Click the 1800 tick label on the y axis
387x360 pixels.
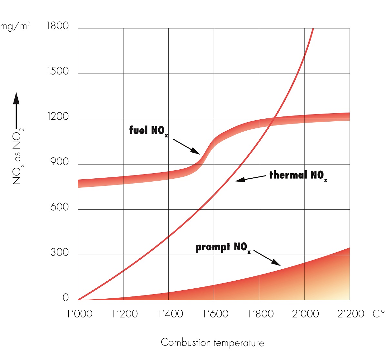[58, 26]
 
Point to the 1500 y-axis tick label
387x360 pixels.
[58, 71]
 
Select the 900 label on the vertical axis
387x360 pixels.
[60, 162]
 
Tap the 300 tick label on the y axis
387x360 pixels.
[60, 252]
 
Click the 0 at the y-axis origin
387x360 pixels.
[65, 297]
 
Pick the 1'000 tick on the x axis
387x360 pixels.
[79, 314]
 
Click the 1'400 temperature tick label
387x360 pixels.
[170, 314]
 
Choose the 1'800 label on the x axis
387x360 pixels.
[261, 314]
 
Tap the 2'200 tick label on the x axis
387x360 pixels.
[351, 314]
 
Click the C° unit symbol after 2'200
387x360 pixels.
[378, 314]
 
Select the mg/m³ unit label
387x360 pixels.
[15, 26]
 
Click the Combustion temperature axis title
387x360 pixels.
[212, 343]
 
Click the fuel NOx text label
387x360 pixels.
[148, 131]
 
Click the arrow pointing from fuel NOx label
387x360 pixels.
[186, 146]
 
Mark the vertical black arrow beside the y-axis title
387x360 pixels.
[16, 110]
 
